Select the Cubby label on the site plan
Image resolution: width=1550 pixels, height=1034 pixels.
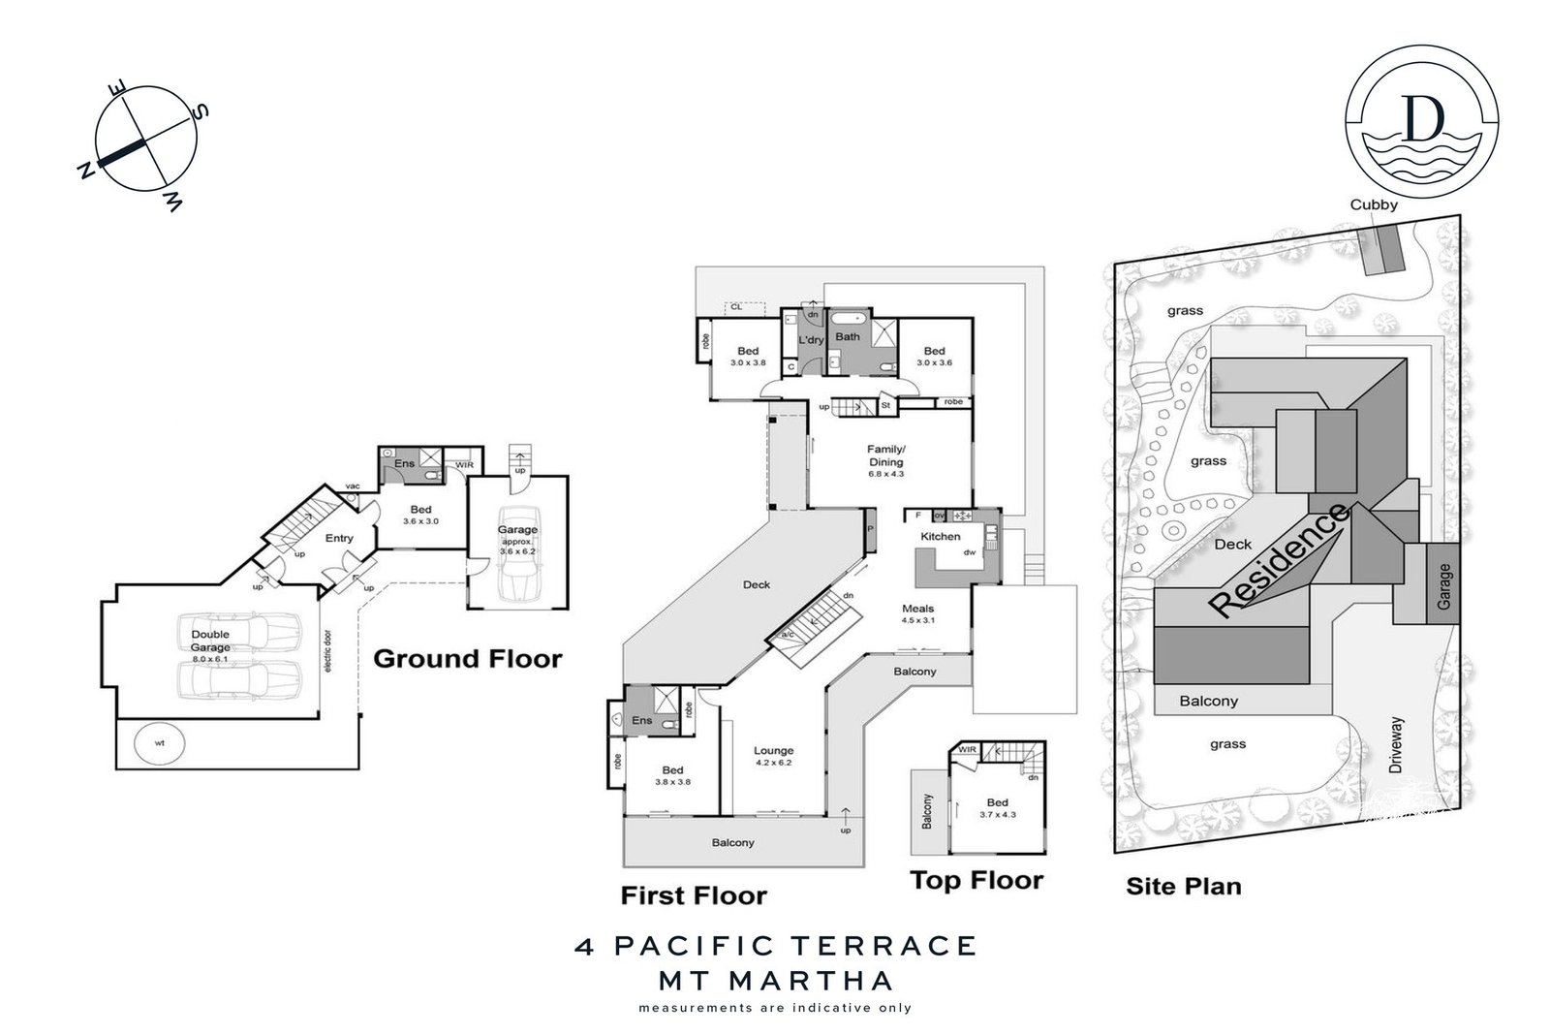tap(1375, 204)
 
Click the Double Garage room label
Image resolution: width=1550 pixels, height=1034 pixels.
tap(210, 641)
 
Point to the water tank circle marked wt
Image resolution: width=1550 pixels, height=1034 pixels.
tap(158, 743)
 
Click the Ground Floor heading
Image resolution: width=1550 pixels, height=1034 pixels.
tap(467, 659)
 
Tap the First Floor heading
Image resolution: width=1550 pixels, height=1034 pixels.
tap(694, 895)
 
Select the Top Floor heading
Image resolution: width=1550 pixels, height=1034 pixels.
tap(976, 880)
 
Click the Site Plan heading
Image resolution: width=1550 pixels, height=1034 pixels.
tap(1183, 886)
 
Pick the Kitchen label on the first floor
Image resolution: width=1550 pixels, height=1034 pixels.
tap(941, 536)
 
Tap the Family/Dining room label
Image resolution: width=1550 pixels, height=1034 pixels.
tap(885, 455)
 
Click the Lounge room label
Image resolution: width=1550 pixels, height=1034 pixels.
tap(773, 750)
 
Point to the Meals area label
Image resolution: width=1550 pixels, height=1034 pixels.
tap(917, 609)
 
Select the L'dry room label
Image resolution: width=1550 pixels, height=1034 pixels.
tap(810, 340)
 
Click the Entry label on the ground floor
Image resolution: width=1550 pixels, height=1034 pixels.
tap(339, 538)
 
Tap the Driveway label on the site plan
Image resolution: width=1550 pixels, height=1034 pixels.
tap(1396, 745)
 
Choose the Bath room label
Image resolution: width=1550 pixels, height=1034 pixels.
tap(848, 337)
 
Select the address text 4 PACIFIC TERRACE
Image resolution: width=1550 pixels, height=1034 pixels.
tap(775, 945)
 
